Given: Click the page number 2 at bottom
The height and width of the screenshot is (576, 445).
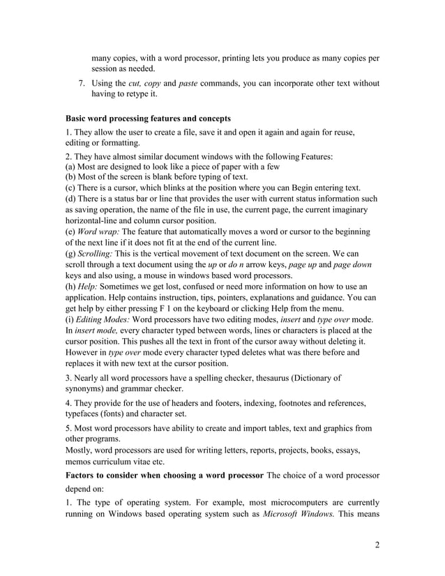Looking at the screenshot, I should click(x=377, y=545).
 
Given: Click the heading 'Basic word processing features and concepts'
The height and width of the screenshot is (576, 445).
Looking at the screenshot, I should click(x=147, y=117).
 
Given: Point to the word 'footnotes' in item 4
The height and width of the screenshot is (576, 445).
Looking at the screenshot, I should click(x=263, y=402).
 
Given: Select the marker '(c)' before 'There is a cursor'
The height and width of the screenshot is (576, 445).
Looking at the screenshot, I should click(x=70, y=188).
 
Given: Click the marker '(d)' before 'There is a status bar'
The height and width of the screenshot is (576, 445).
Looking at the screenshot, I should click(x=70, y=199).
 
